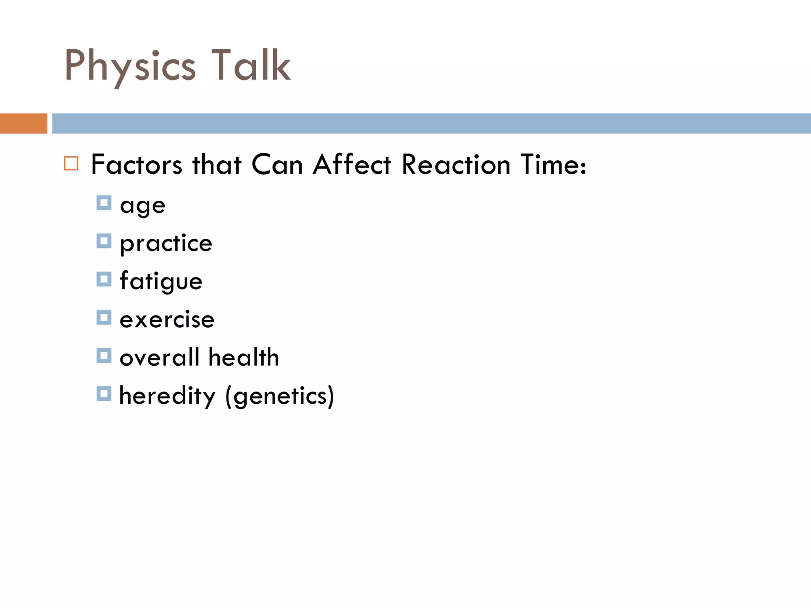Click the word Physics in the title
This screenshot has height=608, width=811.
(130, 66)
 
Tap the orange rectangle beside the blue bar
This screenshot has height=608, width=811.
(23, 123)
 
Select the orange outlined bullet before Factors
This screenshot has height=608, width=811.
(71, 163)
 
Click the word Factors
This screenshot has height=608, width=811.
(137, 165)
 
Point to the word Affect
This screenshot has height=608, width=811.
(352, 165)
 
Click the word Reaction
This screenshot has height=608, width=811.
(456, 165)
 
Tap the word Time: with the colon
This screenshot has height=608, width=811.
(553, 165)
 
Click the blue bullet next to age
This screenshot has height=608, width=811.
(104, 203)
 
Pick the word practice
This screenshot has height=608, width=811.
(166, 243)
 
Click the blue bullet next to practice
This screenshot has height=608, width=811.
(104, 241)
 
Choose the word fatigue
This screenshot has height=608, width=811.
(161, 281)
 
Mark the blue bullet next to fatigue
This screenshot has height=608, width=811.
(104, 279)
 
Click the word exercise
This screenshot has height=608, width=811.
(167, 319)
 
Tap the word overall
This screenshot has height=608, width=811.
(159, 357)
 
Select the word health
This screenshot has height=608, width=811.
(244, 357)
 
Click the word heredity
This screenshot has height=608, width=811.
(167, 396)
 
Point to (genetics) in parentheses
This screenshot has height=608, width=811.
(280, 396)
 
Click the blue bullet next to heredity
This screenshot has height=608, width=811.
(104, 394)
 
